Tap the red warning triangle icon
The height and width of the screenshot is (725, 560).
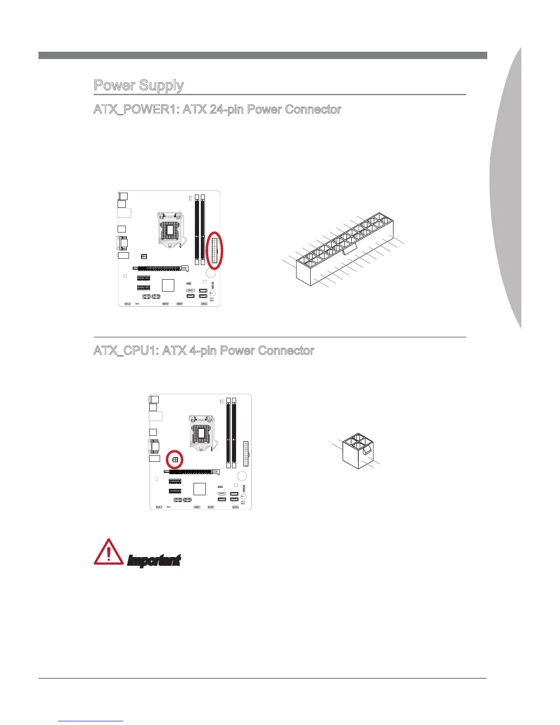[x=108, y=552]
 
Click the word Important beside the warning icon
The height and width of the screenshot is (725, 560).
[x=154, y=560]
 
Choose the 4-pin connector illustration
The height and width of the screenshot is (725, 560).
[x=358, y=451]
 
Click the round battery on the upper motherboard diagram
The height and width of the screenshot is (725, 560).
[x=210, y=273]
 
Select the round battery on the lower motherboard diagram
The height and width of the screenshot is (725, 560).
[x=242, y=476]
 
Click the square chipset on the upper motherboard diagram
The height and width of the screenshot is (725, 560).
[x=168, y=285]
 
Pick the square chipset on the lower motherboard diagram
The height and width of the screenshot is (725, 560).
[x=199, y=488]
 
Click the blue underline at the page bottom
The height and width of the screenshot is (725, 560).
[x=91, y=721]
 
